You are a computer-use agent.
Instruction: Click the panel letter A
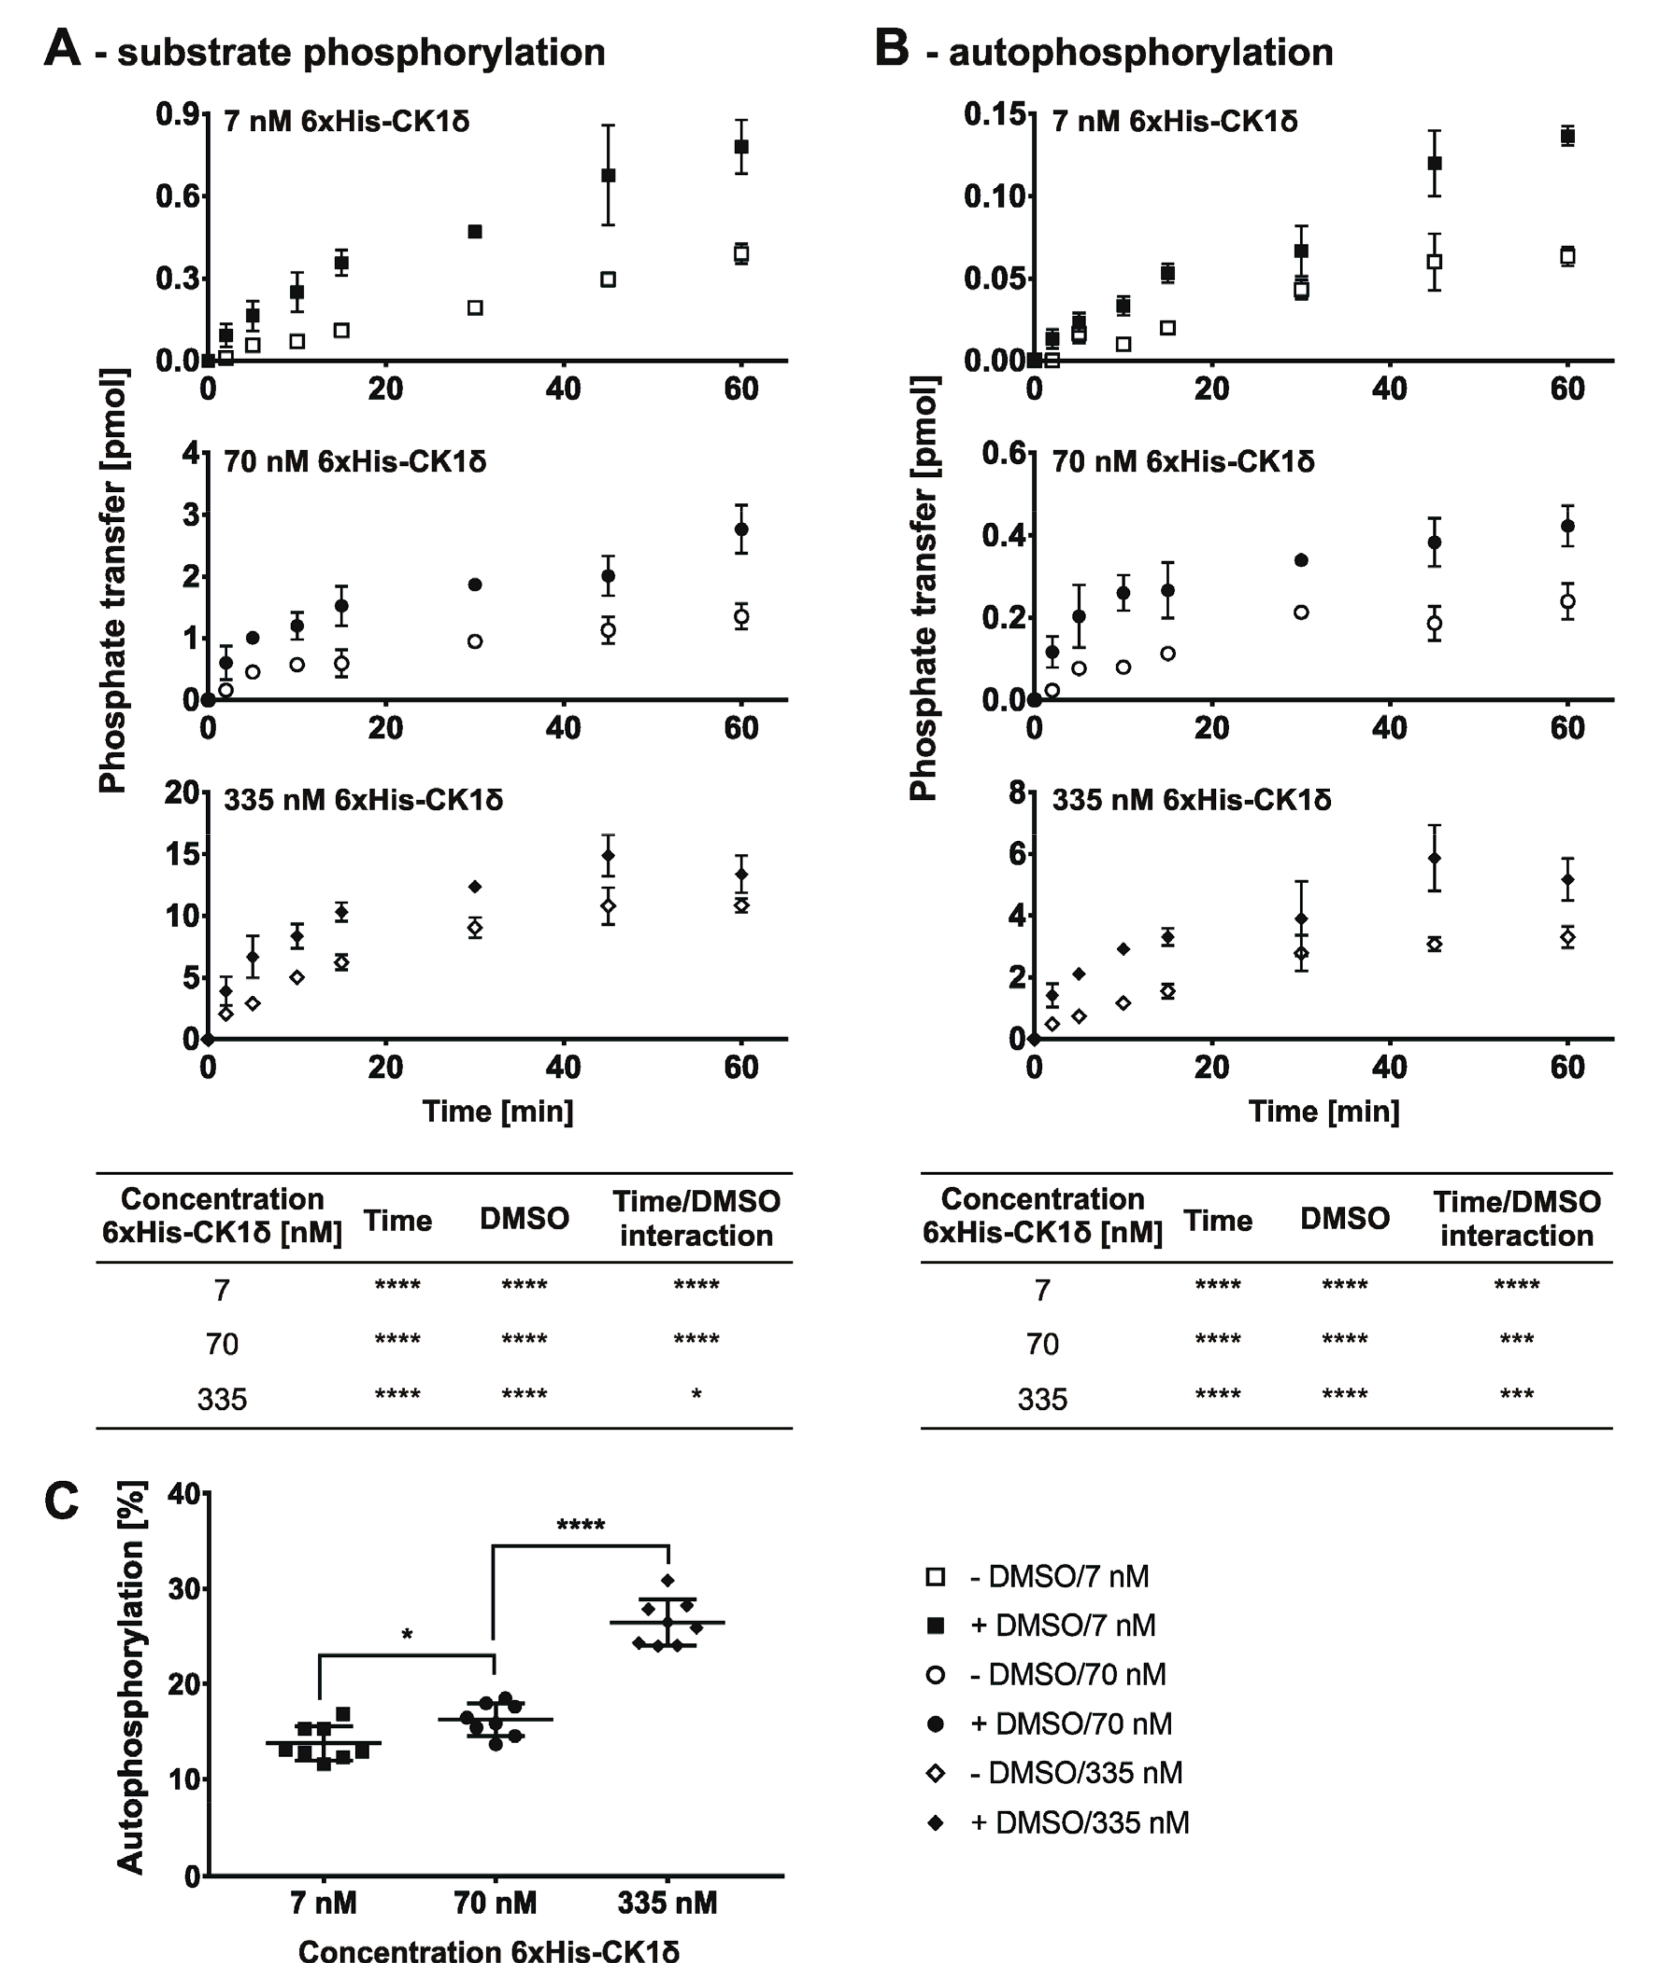63,47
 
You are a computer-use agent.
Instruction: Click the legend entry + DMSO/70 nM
1070,1724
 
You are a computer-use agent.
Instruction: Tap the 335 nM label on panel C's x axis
667,1903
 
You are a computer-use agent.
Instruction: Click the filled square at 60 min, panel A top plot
741,147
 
